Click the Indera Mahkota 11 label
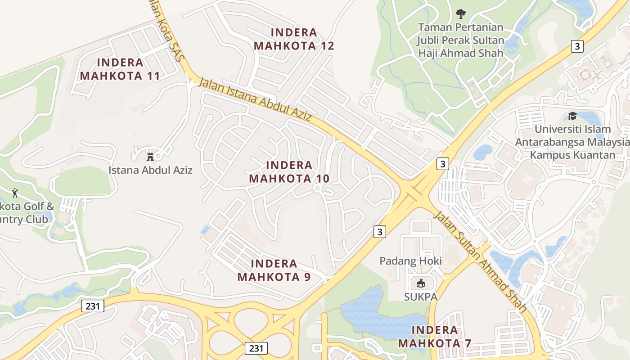coord(120,69)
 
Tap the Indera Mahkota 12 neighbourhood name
coord(294,39)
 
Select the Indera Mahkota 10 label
coord(289,172)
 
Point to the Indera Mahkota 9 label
coord(274,270)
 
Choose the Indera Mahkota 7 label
coord(435,337)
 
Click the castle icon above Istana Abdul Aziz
coord(150,157)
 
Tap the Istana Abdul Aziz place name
coord(150,170)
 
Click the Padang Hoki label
coord(410,261)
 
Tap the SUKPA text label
coord(420,297)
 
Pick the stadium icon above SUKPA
coord(420,283)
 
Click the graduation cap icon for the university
coord(572,116)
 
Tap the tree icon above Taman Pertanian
coord(461,14)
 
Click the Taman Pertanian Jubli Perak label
coord(461,40)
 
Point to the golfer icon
coord(15,193)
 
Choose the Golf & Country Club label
coord(25,213)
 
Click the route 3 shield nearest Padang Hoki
coord(380,232)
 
